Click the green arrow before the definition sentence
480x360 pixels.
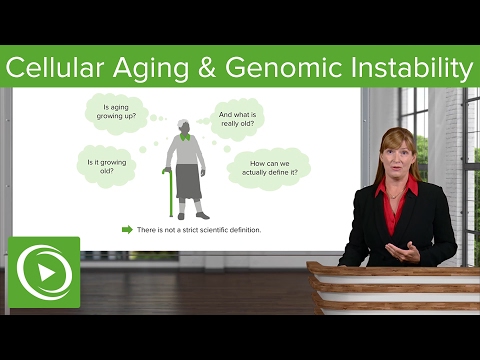(x=127, y=230)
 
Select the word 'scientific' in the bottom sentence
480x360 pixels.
(x=208, y=230)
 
